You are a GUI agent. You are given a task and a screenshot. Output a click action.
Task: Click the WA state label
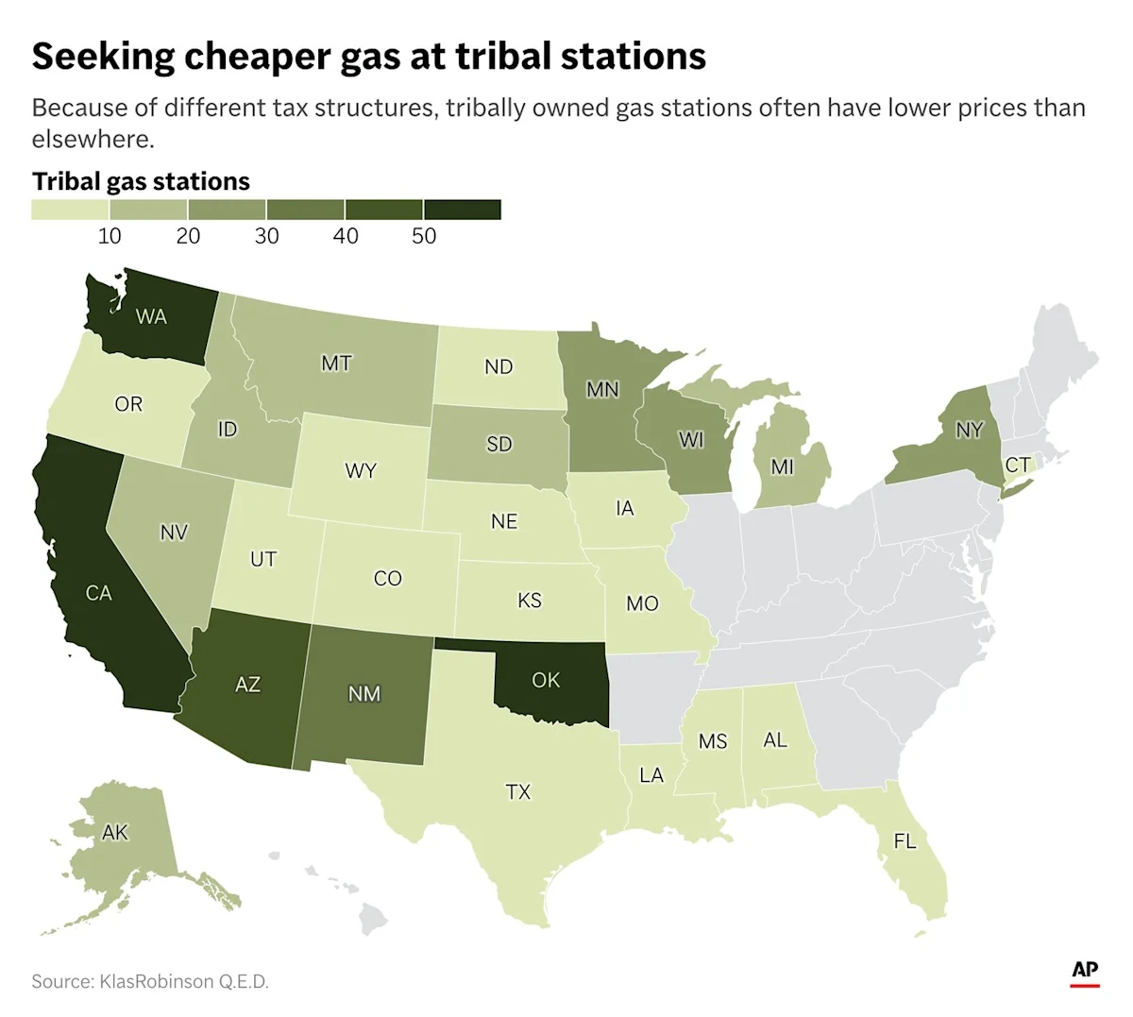point(151,316)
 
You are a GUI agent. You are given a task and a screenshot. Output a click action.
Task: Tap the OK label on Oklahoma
point(546,680)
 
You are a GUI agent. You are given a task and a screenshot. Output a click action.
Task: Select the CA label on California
point(98,593)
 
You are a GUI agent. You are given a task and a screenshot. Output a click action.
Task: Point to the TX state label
point(518,792)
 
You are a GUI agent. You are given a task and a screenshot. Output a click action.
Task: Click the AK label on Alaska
point(114,833)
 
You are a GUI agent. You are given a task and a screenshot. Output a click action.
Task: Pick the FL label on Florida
point(905,840)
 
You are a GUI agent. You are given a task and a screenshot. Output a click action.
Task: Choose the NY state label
point(969,431)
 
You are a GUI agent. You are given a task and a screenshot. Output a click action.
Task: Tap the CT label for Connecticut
point(1017,466)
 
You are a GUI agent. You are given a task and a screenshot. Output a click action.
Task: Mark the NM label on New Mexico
point(364,694)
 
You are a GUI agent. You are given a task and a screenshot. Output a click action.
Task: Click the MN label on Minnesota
point(602,389)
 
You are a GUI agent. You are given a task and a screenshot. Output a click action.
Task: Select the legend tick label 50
point(424,236)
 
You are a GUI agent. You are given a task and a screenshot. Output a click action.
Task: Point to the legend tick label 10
point(110,236)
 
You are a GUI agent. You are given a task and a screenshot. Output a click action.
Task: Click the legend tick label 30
point(266,236)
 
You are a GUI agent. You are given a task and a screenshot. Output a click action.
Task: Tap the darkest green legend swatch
point(462,210)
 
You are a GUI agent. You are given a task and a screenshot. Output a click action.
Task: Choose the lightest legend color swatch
point(70,210)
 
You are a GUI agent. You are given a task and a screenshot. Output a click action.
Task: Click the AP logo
point(1085,973)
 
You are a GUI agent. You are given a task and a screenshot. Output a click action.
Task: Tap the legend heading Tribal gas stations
point(141,181)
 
